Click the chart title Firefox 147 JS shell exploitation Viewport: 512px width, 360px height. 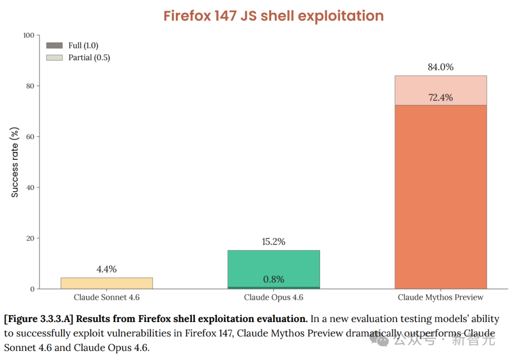(274, 16)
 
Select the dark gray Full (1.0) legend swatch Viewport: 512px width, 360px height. (55, 46)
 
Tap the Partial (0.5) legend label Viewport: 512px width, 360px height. (89, 57)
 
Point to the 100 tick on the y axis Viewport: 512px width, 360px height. (29, 35)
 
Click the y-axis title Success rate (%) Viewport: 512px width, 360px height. (15, 162)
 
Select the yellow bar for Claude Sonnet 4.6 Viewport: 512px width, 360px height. (107, 283)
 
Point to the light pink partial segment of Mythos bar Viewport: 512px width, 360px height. (440, 85)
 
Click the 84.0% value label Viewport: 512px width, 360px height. (440, 67)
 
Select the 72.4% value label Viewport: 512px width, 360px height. (440, 98)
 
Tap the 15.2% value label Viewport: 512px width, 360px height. (274, 241)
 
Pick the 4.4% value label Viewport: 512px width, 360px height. (107, 269)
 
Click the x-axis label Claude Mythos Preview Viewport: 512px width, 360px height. (440, 297)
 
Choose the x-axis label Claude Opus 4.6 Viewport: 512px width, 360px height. (274, 297)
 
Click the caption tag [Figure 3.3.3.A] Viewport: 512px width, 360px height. (38, 319)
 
